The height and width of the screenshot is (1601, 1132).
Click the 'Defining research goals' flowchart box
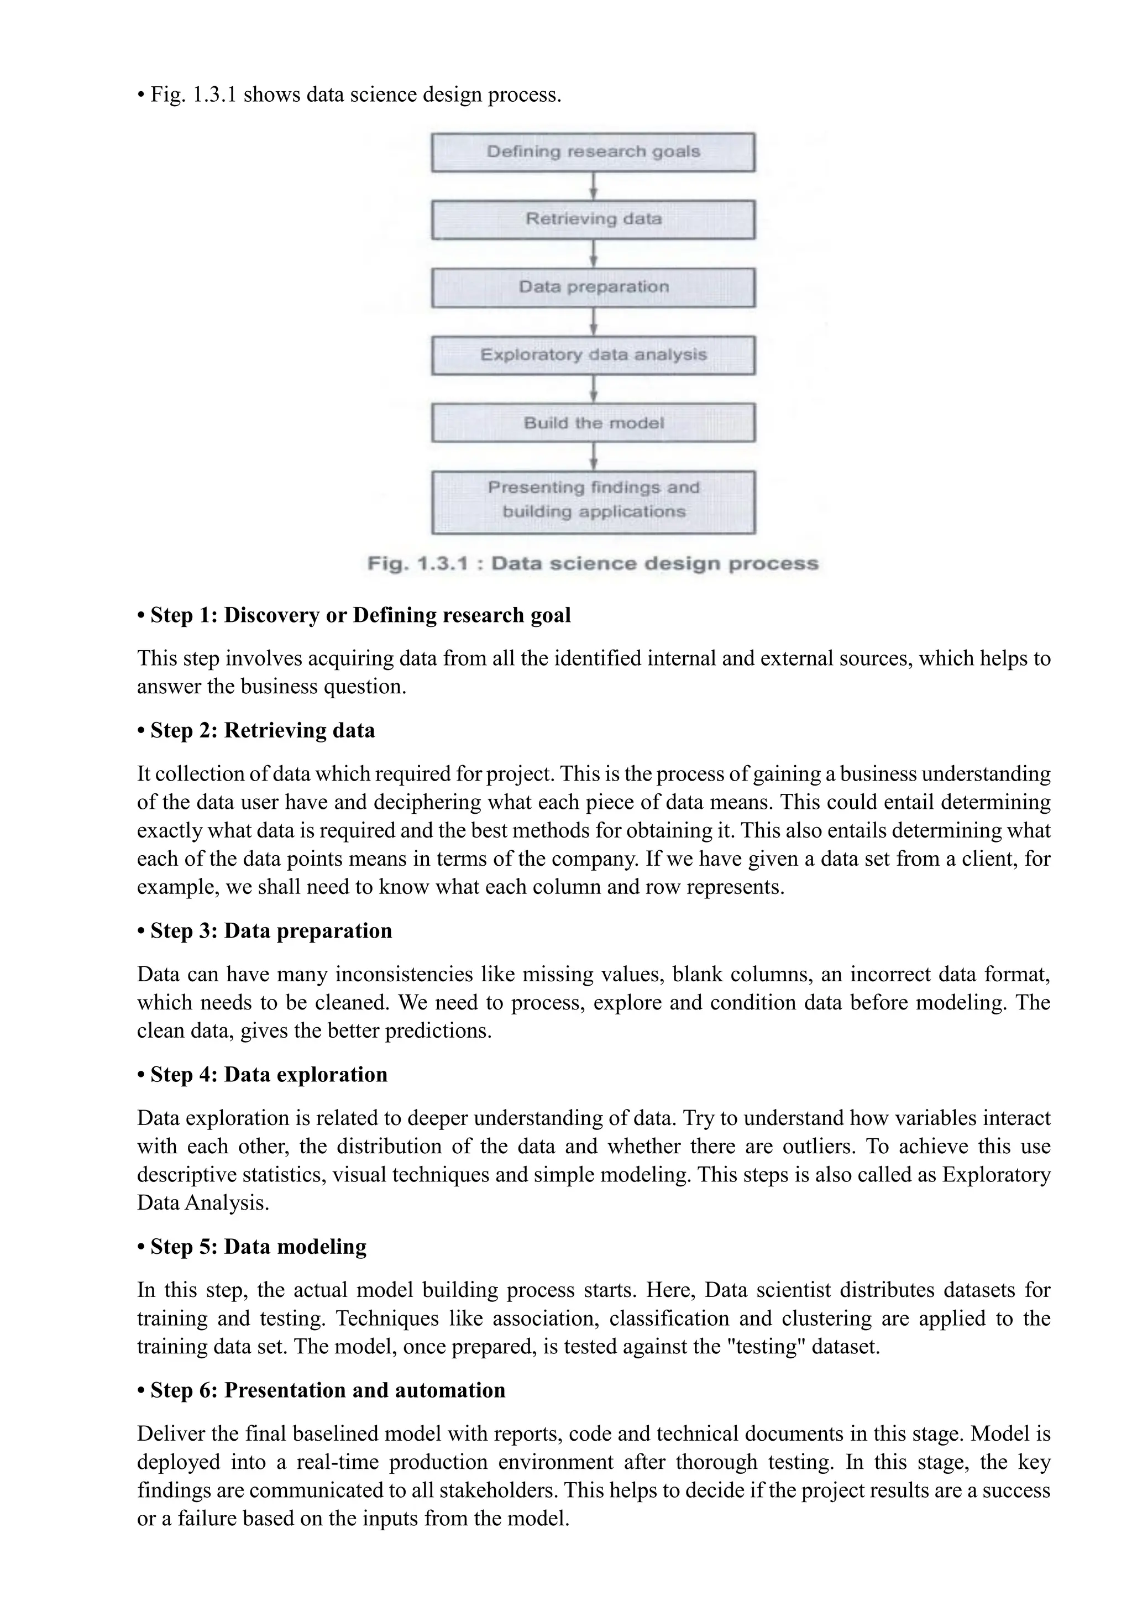[593, 152]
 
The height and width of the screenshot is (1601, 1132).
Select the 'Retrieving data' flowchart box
[593, 219]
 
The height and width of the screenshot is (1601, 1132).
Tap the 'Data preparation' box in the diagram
[593, 287]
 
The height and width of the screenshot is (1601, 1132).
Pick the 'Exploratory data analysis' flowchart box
[593, 355]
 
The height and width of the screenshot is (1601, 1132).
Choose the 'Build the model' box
[593, 422]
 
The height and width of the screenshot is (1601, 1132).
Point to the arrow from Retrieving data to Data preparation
[593, 254]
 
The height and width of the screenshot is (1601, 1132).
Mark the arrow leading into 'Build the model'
[593, 389]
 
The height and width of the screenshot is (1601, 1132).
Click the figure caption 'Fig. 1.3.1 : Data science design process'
[593, 563]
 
